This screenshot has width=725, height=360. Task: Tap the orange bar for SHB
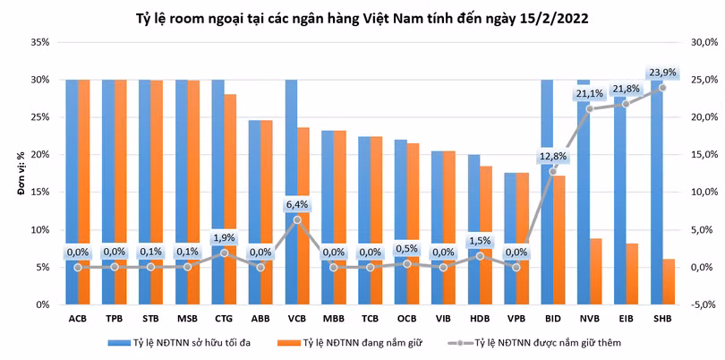coord(669,282)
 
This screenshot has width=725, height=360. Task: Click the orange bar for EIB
coord(632,274)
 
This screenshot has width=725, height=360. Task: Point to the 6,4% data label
coord(297,204)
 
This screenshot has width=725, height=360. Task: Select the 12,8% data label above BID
coord(552,156)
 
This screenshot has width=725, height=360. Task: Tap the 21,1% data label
coord(589,93)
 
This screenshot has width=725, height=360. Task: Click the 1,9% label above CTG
coord(224,237)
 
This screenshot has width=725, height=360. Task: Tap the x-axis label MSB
coord(187,318)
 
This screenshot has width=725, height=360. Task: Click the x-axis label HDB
coord(480,318)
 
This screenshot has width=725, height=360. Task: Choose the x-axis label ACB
coord(77,318)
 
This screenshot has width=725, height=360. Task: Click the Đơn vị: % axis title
coord(16,174)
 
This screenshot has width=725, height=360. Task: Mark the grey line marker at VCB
coord(297,219)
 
